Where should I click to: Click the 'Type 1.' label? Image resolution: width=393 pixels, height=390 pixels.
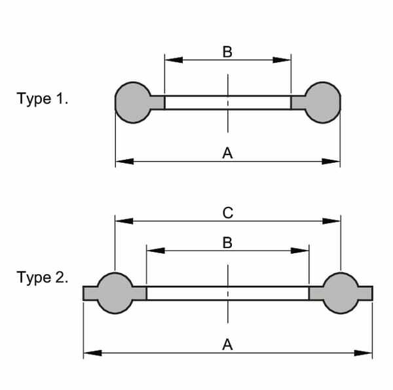tap(42, 98)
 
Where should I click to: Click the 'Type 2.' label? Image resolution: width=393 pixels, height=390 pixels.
tap(42, 277)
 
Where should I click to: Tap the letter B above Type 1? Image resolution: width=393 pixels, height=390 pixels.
tap(227, 52)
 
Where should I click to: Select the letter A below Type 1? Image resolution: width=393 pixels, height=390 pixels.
tap(227, 153)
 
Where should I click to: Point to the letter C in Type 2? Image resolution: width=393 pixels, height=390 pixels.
tap(227, 213)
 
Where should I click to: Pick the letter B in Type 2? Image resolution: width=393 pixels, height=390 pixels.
tap(227, 243)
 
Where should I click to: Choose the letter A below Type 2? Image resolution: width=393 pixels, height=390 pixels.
tap(227, 344)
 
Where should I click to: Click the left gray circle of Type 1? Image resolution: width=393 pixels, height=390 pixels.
tap(133, 103)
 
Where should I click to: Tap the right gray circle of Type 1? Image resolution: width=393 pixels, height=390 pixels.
tap(322, 103)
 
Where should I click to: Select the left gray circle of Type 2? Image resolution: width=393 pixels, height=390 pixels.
tap(115, 293)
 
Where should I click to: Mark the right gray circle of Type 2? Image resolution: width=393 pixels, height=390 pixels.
tap(341, 293)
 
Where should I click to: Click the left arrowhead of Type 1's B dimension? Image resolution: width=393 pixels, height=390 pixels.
tap(174, 60)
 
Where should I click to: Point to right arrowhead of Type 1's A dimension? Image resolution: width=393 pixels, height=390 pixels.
tap(331, 162)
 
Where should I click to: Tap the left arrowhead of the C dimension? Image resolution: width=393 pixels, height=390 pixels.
tap(124, 221)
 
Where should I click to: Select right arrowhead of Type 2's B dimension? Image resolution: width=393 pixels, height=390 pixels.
tap(300, 251)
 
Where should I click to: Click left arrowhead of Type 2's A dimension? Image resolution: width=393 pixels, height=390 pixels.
tap(92, 353)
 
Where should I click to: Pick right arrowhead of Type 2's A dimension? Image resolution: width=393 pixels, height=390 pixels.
tap(363, 353)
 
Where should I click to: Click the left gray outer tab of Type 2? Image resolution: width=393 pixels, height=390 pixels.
tap(90, 293)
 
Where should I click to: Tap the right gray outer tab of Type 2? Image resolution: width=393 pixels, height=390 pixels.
tap(365, 293)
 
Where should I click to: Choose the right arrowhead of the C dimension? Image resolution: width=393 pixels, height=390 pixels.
tap(331, 221)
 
